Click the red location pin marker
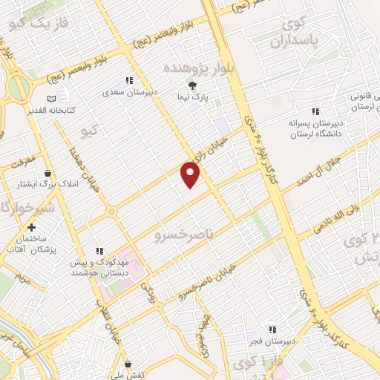(x=191, y=174)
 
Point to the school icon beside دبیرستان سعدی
(x=129, y=80)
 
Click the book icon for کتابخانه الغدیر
(x=50, y=99)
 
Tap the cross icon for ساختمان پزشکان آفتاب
(x=31, y=228)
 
